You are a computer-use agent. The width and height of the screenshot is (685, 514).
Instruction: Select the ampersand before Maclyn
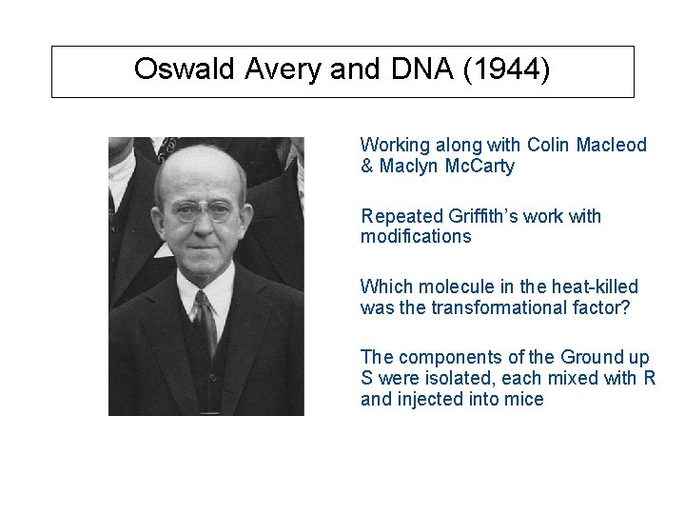366,167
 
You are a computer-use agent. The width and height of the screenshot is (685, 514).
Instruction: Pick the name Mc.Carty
478,167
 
